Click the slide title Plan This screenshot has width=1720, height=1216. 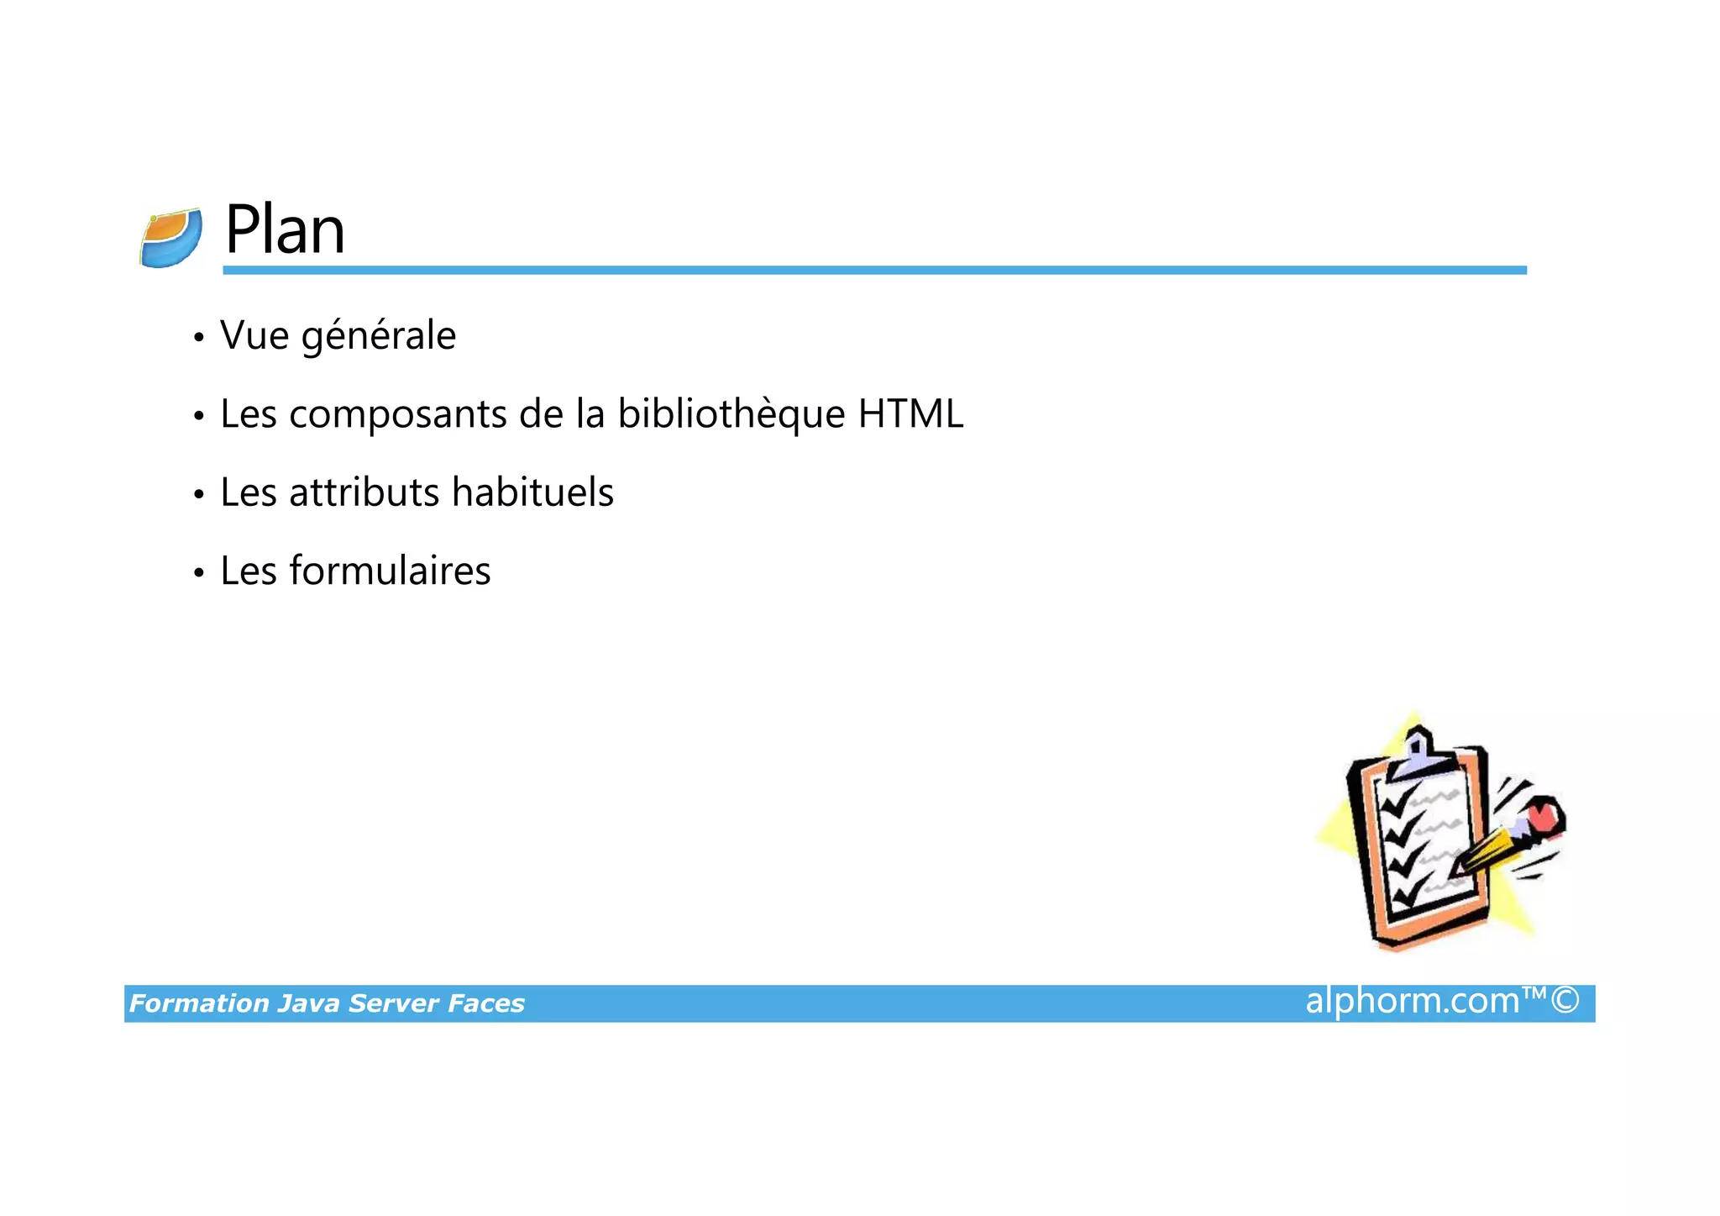(x=285, y=229)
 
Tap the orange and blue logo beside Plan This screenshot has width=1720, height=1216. (x=171, y=238)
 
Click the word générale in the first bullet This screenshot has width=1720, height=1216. (x=378, y=336)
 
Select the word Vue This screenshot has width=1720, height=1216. (x=254, y=335)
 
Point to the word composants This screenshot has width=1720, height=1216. (x=398, y=415)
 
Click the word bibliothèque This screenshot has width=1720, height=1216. (x=731, y=414)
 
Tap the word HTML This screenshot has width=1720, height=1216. (x=910, y=413)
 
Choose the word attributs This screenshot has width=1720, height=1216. (x=364, y=492)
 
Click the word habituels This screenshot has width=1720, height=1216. (x=532, y=492)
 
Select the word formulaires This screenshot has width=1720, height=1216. (x=390, y=571)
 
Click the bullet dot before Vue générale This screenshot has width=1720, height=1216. (x=198, y=338)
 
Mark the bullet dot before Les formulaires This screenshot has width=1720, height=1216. (x=198, y=573)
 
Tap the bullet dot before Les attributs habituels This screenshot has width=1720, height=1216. (x=198, y=495)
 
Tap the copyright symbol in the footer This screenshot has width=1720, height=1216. (x=1565, y=1000)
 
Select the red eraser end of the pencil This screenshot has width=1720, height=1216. (x=1544, y=815)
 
